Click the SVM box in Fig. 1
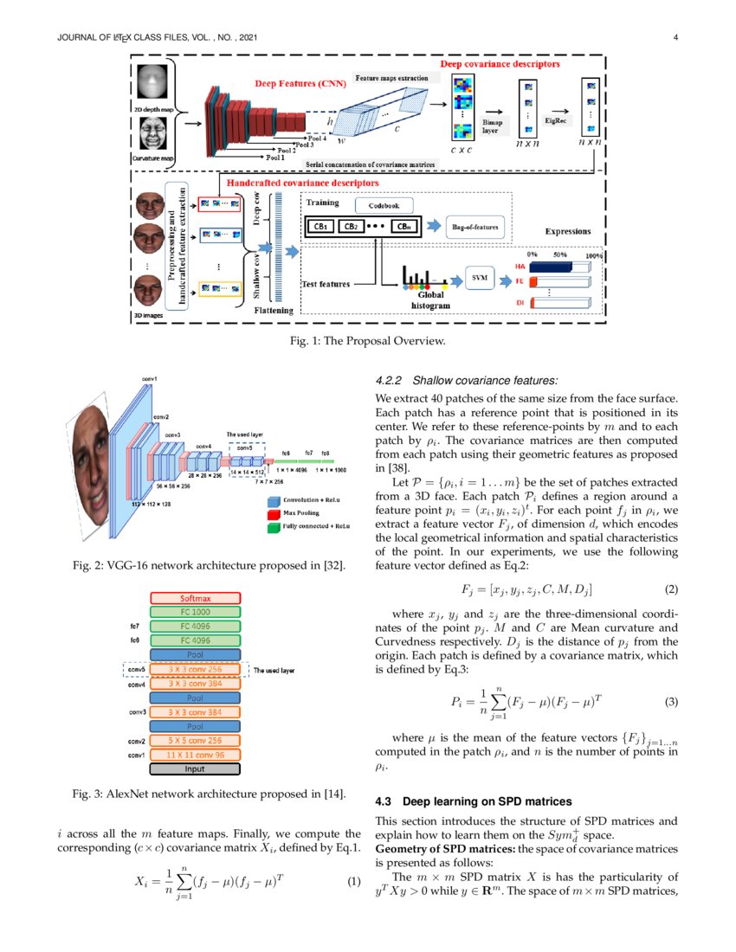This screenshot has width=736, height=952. coord(477,277)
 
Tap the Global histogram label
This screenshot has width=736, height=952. coord(424,299)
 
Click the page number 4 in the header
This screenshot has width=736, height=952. coord(674,37)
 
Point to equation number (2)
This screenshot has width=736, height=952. coord(670,589)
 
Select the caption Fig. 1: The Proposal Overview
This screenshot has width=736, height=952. coord(367,341)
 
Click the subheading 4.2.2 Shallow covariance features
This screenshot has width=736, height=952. coord(466,380)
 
